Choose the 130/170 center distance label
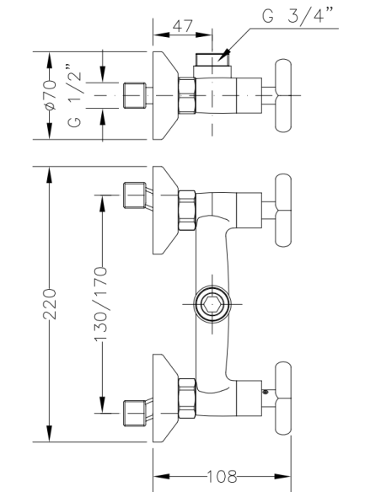point(100,304)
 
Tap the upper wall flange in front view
point(164,215)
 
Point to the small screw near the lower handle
point(266,390)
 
